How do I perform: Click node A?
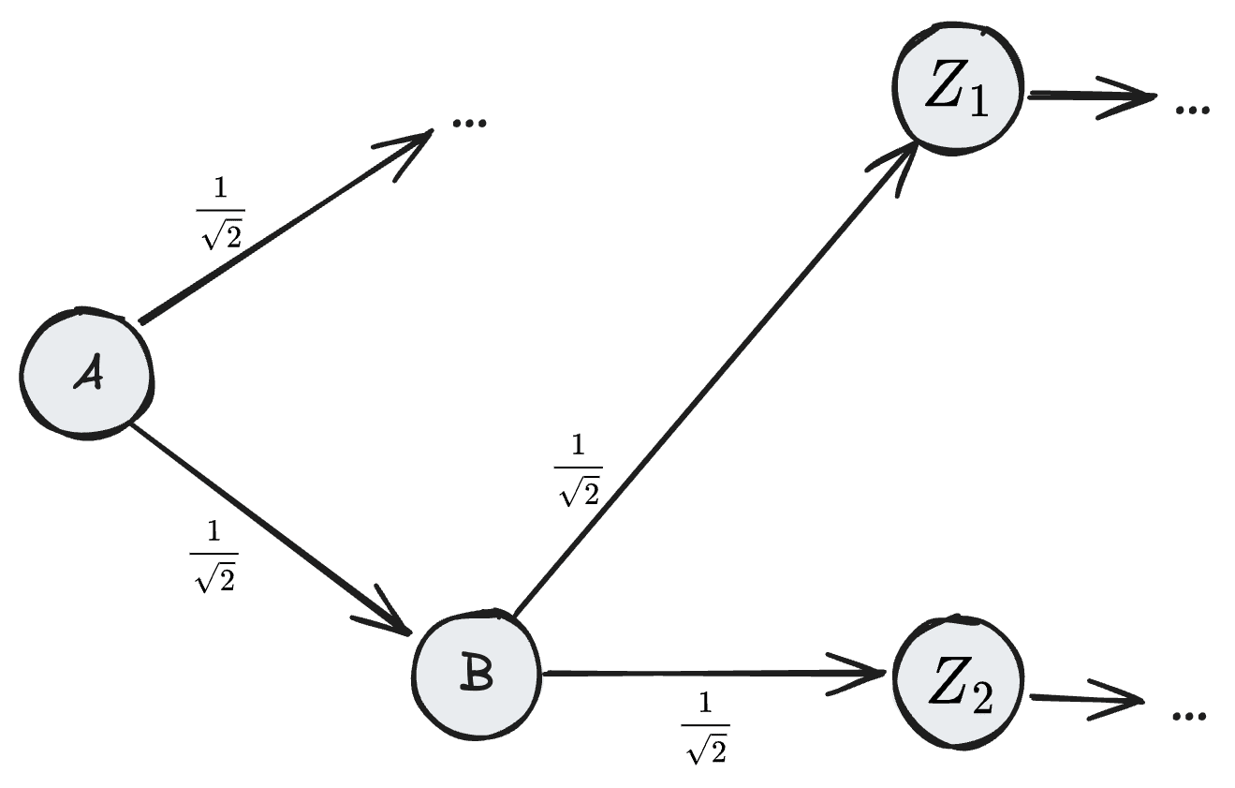pyautogui.click(x=86, y=374)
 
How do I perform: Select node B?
pyautogui.click(x=478, y=674)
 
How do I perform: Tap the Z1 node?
pyautogui.click(x=957, y=88)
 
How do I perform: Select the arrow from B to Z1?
pyautogui.click(x=712, y=379)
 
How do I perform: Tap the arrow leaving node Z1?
pyautogui.click(x=1091, y=96)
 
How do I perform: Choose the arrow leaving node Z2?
pyautogui.click(x=1086, y=699)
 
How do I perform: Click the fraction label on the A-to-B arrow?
pyautogui.click(x=214, y=558)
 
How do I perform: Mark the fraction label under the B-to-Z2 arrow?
pyautogui.click(x=705, y=729)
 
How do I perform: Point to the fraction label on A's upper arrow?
pyautogui.click(x=221, y=215)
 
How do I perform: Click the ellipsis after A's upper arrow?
pyautogui.click(x=469, y=123)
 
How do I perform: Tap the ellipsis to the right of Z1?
pyautogui.click(x=1192, y=110)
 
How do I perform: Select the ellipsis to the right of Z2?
pyautogui.click(x=1188, y=716)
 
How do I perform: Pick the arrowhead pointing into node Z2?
pyautogui.click(x=861, y=672)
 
